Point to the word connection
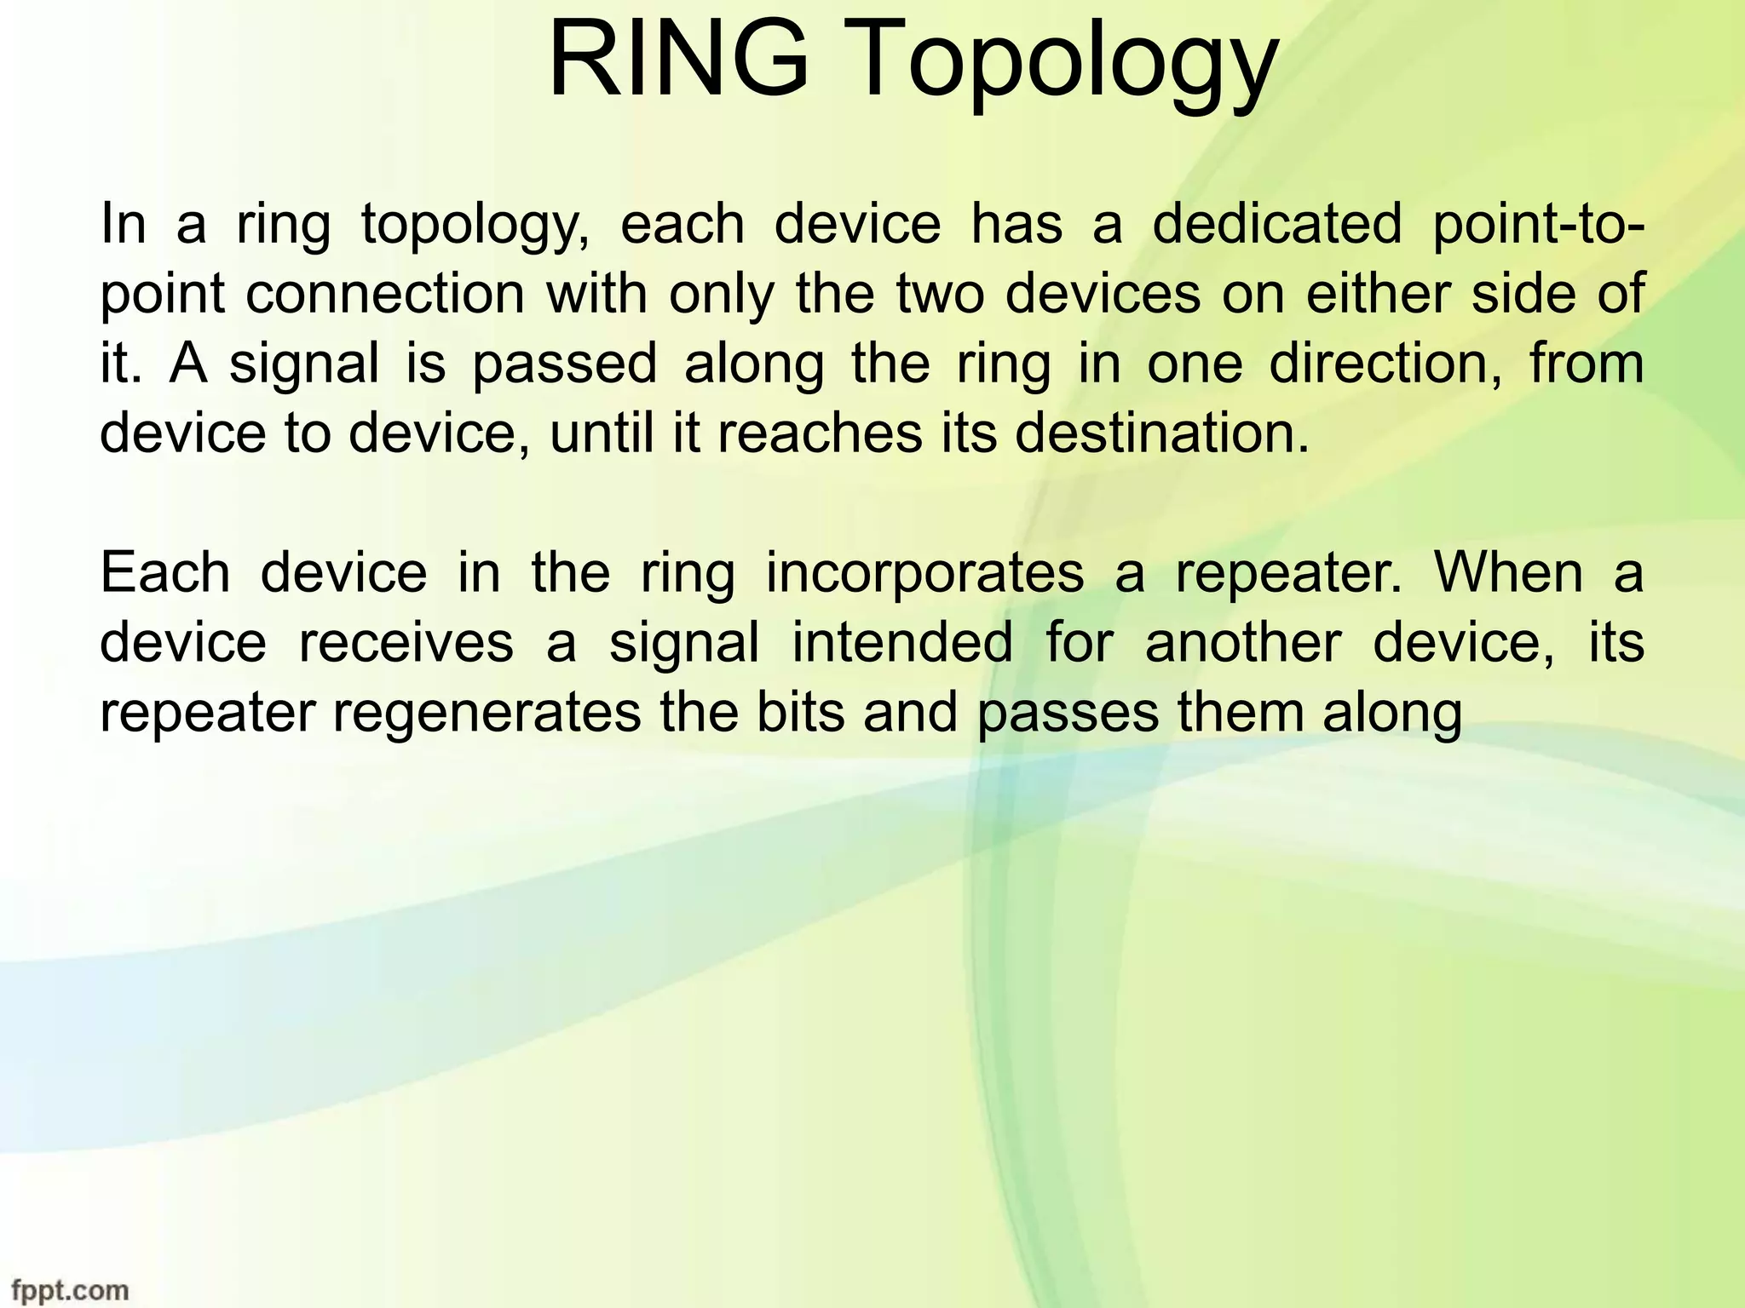click(x=384, y=294)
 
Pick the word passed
click(x=565, y=364)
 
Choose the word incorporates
click(x=924, y=572)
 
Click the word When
click(x=1507, y=572)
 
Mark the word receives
click(x=406, y=642)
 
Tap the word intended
click(x=902, y=642)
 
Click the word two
click(x=939, y=294)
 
